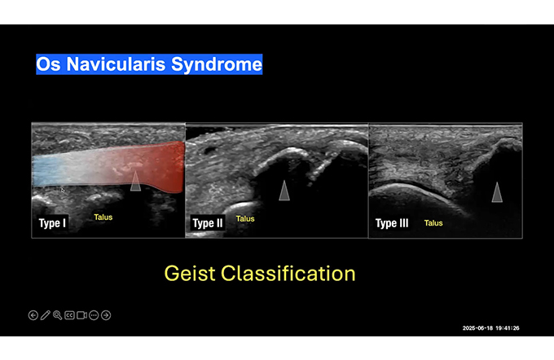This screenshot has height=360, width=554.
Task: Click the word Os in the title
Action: click(x=49, y=64)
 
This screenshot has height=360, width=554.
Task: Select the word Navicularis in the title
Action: click(x=116, y=64)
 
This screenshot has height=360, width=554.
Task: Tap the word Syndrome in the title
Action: click(x=216, y=65)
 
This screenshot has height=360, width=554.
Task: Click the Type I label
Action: click(x=52, y=223)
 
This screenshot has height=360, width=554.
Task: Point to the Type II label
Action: click(x=208, y=223)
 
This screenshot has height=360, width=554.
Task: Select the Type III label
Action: click(x=392, y=223)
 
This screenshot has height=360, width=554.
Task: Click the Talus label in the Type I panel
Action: click(x=103, y=217)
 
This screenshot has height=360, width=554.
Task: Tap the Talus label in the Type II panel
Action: click(x=245, y=218)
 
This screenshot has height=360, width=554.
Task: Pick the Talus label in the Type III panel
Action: click(x=433, y=223)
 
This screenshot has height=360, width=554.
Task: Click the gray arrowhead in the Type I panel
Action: click(x=136, y=182)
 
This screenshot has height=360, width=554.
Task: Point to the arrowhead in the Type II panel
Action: click(x=284, y=191)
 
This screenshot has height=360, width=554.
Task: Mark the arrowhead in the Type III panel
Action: click(x=497, y=193)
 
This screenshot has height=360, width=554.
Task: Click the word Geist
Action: click(x=190, y=274)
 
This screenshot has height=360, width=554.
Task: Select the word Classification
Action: click(x=288, y=274)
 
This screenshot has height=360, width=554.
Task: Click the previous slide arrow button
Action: click(x=33, y=315)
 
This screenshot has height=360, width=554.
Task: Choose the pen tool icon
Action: click(x=46, y=315)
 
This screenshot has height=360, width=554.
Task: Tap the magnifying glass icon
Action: click(x=57, y=315)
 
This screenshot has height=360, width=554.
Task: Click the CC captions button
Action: click(x=69, y=315)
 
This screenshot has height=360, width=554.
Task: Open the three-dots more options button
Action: click(x=94, y=315)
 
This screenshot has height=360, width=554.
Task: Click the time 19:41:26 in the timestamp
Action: click(x=508, y=328)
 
